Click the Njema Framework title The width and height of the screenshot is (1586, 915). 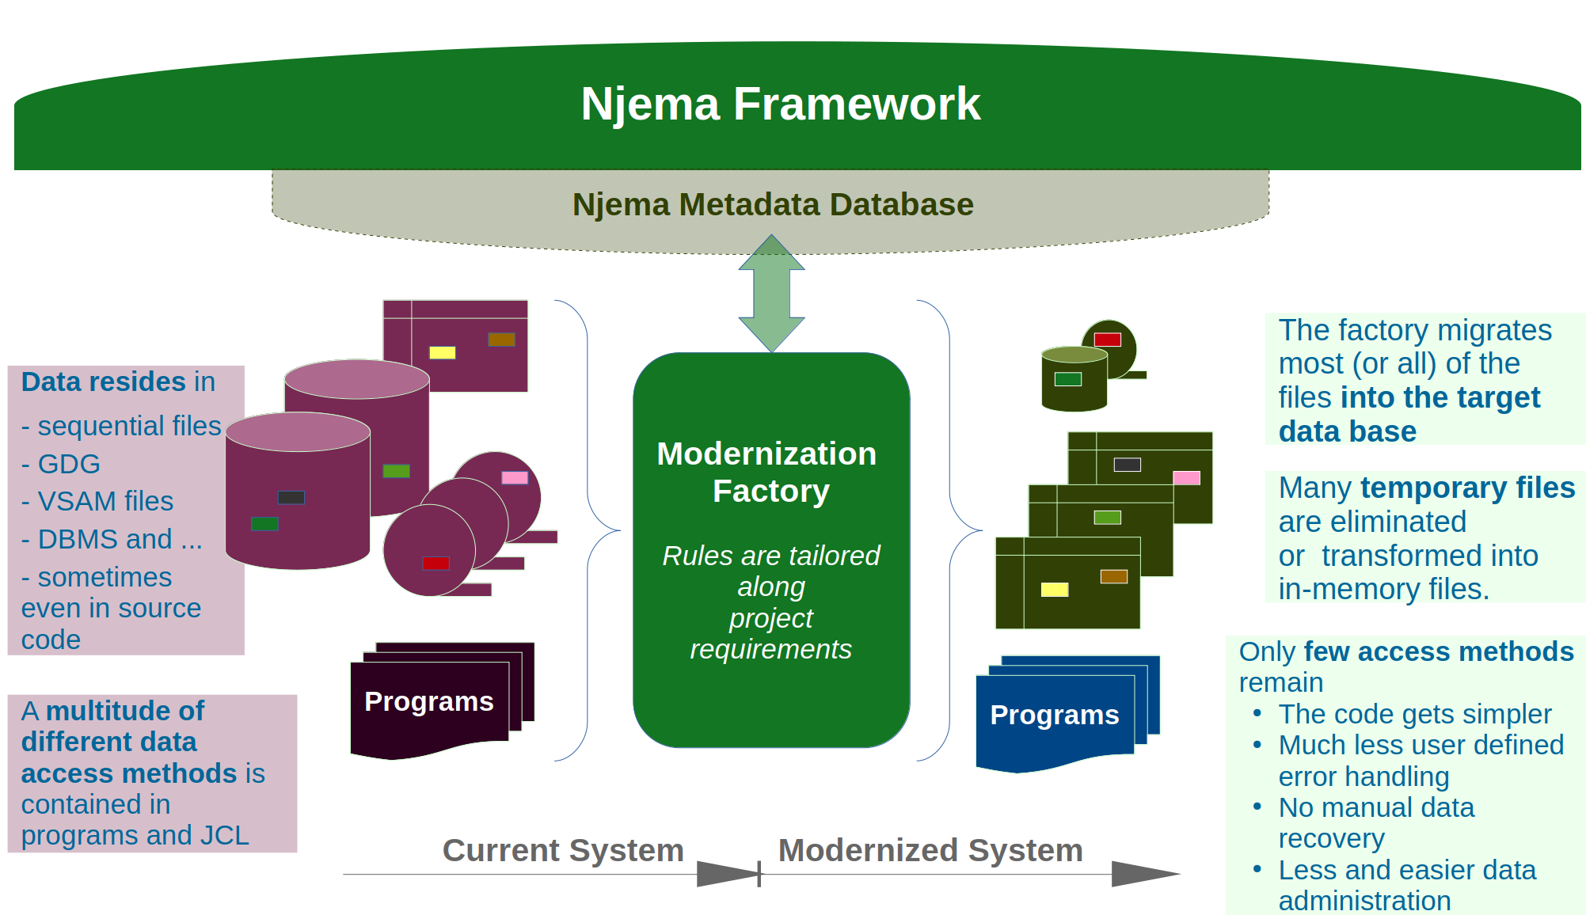pos(780,104)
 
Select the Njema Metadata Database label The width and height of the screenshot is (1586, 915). pos(772,204)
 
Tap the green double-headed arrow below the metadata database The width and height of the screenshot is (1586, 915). pos(771,293)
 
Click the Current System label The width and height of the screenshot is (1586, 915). pos(562,850)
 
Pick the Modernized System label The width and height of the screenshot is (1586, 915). pos(930,850)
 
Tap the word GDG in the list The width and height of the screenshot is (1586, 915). pos(69,464)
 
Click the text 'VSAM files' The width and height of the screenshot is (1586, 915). pos(105,501)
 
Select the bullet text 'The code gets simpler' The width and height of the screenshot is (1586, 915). pos(1414,714)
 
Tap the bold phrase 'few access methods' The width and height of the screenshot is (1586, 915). pos(1439,651)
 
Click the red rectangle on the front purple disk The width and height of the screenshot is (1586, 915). pos(435,563)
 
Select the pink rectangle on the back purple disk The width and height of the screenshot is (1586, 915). pos(515,477)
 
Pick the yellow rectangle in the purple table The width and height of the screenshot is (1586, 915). pos(442,352)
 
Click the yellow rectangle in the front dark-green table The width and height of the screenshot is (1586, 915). pos(1054,589)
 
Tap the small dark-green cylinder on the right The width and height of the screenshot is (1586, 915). pos(1074,380)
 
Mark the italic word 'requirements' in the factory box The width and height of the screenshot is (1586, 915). pos(770,649)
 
